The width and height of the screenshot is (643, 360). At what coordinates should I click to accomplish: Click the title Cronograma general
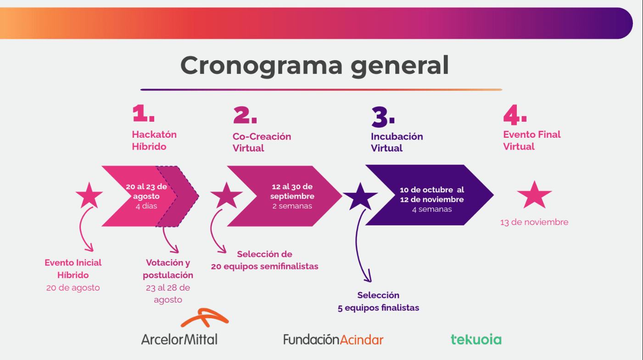pyautogui.click(x=314, y=65)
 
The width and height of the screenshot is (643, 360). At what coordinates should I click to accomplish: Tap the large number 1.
pyautogui.click(x=143, y=113)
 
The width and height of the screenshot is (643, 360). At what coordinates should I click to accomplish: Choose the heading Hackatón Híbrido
pyautogui.click(x=154, y=141)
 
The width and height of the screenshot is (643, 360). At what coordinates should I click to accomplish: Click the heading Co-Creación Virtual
pyautogui.click(x=262, y=142)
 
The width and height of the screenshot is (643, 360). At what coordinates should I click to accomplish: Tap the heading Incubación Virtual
pyautogui.click(x=397, y=142)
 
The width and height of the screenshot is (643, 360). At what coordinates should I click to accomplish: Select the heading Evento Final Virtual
pyautogui.click(x=532, y=141)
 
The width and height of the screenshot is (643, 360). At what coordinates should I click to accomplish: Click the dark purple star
pyautogui.click(x=360, y=196)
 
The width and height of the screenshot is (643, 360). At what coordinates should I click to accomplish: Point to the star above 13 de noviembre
pyautogui.click(x=534, y=195)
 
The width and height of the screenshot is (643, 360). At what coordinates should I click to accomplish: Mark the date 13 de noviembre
pyautogui.click(x=534, y=222)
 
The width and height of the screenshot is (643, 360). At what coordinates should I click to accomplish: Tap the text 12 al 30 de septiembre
pyautogui.click(x=292, y=191)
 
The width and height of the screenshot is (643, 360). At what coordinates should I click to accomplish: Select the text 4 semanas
pyautogui.click(x=431, y=209)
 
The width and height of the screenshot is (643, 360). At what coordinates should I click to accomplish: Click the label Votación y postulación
pyautogui.click(x=168, y=269)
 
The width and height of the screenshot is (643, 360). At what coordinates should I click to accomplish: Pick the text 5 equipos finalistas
pyautogui.click(x=378, y=308)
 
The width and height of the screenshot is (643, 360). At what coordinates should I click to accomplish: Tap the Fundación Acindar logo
pyautogui.click(x=333, y=340)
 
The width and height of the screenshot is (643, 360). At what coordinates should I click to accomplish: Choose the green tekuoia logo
pyautogui.click(x=476, y=340)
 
